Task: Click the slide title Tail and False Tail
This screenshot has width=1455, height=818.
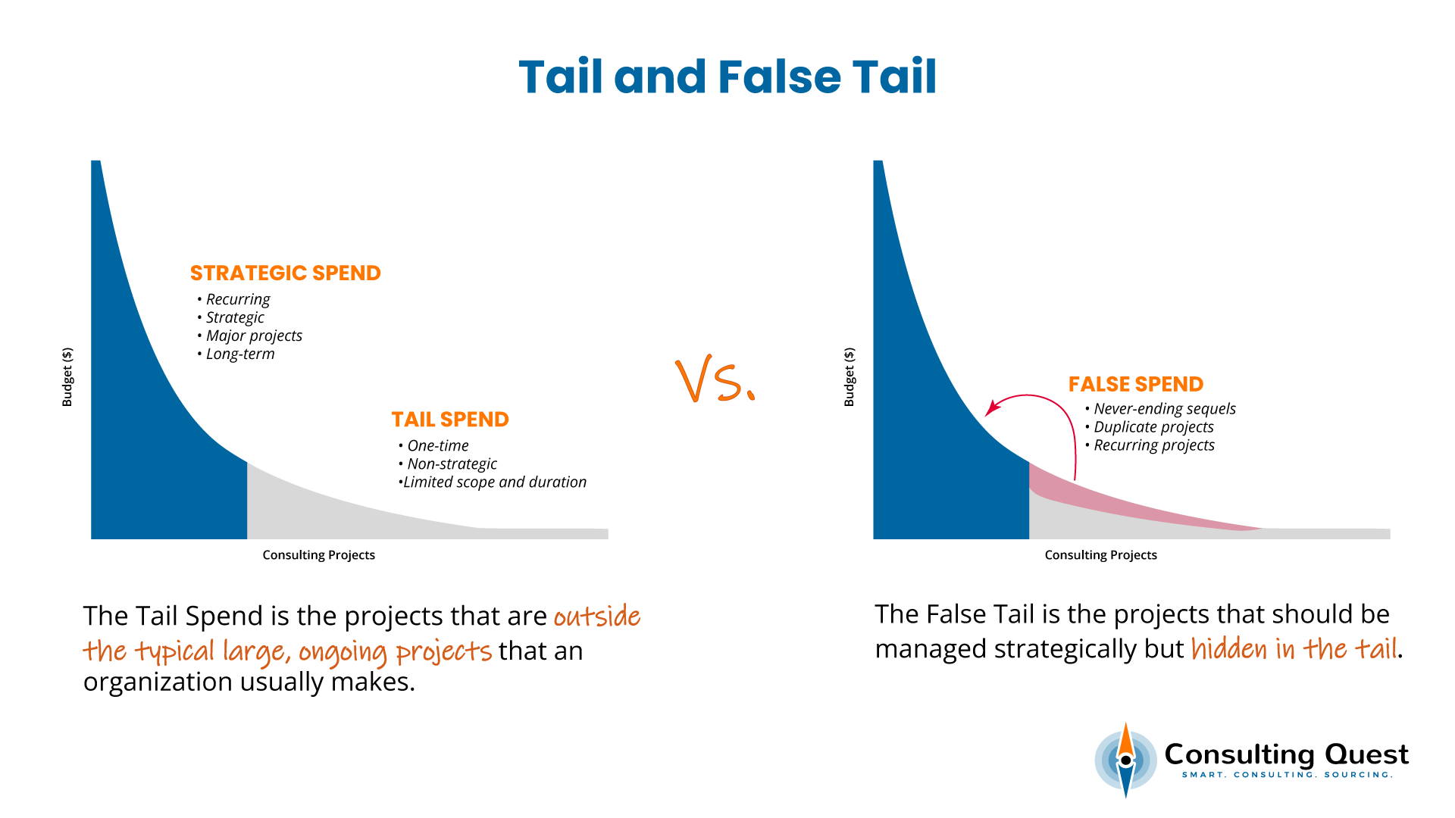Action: (x=727, y=77)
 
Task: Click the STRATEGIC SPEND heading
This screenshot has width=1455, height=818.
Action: (x=285, y=273)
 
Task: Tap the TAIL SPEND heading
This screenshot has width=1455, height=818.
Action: (x=450, y=420)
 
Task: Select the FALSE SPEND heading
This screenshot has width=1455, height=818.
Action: (x=1135, y=385)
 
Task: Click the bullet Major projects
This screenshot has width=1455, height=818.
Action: (x=254, y=336)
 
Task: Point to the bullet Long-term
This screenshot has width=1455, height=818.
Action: (x=240, y=354)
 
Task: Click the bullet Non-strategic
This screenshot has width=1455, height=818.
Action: (x=452, y=464)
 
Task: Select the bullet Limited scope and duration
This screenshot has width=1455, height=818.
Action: (x=494, y=482)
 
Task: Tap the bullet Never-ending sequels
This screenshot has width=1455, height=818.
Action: (x=1164, y=409)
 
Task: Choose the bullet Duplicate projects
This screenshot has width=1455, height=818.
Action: (x=1153, y=427)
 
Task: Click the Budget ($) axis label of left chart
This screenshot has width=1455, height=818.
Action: (x=67, y=377)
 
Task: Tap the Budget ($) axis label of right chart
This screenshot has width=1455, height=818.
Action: (x=850, y=377)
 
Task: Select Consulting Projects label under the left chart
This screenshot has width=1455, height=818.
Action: (x=318, y=555)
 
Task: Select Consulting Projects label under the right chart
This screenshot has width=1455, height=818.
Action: (x=1100, y=555)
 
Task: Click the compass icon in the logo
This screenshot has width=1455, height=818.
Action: (x=1125, y=760)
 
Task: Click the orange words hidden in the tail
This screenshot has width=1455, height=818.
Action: (x=1294, y=650)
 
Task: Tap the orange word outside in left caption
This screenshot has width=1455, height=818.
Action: (x=597, y=617)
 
